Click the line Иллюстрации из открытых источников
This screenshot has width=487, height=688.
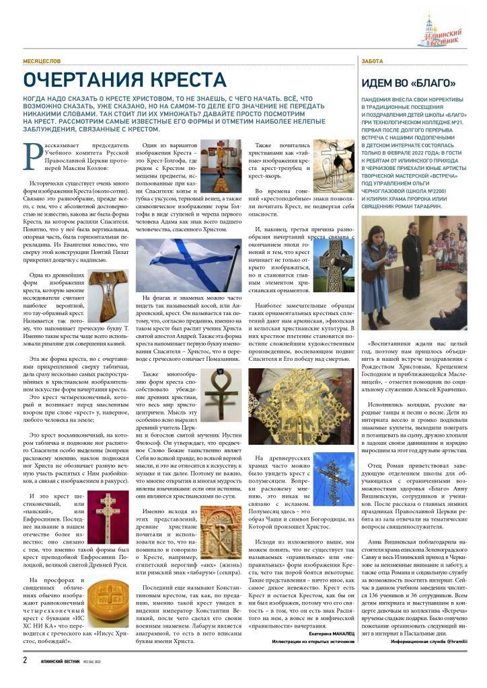pos(313,641)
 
